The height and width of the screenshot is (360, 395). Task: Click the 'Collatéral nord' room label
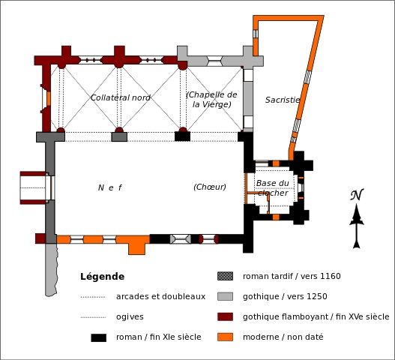[121, 97]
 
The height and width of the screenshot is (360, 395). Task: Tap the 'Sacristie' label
[283, 100]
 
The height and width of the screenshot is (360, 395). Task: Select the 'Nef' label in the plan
[110, 187]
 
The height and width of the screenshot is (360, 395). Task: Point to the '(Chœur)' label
[210, 187]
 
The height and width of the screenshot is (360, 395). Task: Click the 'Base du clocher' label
[273, 187]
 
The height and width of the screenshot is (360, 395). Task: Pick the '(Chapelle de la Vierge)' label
[211, 99]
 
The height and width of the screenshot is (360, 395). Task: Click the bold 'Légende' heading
[102, 277]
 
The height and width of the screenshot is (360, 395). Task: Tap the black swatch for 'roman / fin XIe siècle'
[98, 337]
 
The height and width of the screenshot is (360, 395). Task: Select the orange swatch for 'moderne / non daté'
[225, 337]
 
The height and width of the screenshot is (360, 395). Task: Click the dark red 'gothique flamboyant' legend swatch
[225, 317]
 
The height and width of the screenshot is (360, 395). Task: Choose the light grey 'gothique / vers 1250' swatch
[225, 296]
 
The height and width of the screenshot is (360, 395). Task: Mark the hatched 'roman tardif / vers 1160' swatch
[225, 276]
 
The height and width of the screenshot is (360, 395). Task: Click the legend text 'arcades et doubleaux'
[160, 296]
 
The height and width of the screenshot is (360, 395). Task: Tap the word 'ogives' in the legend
[130, 317]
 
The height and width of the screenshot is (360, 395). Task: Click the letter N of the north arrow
[357, 194]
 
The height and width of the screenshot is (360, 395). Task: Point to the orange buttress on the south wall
[137, 249]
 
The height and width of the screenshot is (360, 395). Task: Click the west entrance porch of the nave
[33, 187]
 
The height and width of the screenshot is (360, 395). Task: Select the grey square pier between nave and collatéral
[119, 137]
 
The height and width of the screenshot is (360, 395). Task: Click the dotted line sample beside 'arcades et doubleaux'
[93, 297]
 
